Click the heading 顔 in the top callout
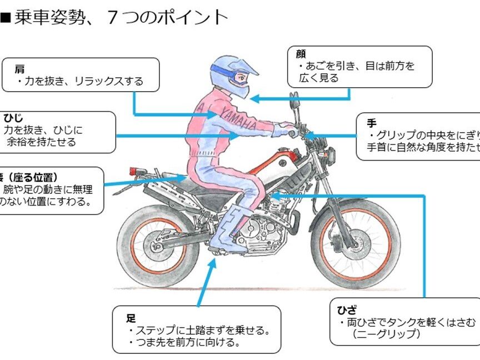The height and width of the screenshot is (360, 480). (x=301, y=54)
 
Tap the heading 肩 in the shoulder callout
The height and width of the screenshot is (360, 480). (x=19, y=69)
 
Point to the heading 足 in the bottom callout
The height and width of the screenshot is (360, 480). (x=131, y=318)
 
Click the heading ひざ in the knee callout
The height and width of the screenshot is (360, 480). (x=347, y=310)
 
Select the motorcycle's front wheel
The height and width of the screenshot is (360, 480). (x=355, y=242)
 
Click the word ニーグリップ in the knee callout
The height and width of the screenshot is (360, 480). (x=386, y=334)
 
